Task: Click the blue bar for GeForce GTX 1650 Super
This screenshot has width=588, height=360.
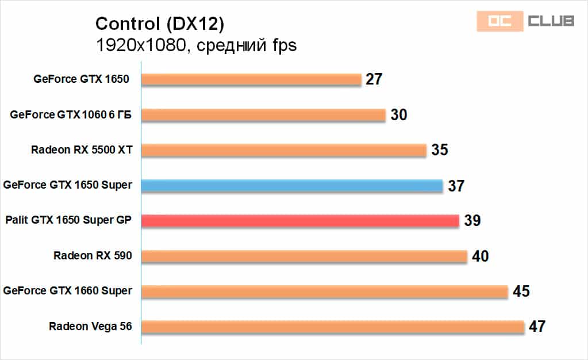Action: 292,185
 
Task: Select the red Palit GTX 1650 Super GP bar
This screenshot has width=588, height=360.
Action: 300,220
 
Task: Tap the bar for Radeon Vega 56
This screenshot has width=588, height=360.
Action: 333,327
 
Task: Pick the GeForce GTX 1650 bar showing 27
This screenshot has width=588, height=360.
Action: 251,79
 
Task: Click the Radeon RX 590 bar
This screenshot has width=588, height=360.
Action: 304,256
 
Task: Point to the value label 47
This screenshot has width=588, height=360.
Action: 536,327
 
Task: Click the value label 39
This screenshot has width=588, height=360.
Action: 472,220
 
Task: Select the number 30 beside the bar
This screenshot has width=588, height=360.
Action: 398,114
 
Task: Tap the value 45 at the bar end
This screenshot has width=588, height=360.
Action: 521,291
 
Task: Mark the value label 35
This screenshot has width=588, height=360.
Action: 439,150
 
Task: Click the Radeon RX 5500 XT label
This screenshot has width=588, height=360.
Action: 82,150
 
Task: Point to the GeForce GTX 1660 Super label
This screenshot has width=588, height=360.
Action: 67,291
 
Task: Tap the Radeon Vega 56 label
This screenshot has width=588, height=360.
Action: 90,327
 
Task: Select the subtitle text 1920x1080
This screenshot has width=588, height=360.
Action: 140,45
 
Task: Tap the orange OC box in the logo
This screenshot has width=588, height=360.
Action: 499,21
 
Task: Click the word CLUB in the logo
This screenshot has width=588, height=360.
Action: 551,21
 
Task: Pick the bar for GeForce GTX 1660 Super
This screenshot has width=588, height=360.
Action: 325,291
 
